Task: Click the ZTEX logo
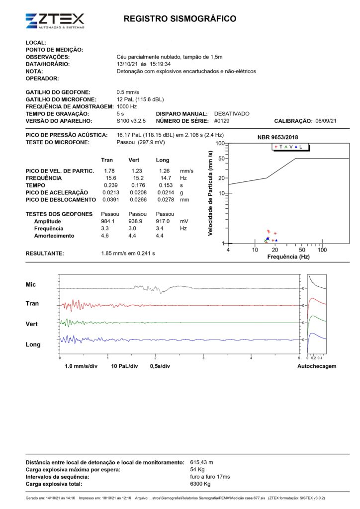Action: [x=55, y=20]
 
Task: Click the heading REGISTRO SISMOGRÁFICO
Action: [x=180, y=19]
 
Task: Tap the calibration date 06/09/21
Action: [x=326, y=121]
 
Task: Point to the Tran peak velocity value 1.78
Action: [x=109, y=171]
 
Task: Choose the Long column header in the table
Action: [x=163, y=160]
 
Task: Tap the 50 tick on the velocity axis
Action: [x=222, y=159]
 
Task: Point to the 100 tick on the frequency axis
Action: [x=322, y=250]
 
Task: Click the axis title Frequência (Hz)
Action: [x=288, y=256]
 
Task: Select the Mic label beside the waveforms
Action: [x=31, y=285]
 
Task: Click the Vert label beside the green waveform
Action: [x=32, y=324]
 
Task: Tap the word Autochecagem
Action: [x=317, y=366]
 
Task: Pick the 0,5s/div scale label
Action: [x=160, y=366]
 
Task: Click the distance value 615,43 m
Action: [x=202, y=462]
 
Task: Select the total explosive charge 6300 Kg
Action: [x=200, y=484]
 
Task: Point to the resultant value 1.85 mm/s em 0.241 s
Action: [x=128, y=254]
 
